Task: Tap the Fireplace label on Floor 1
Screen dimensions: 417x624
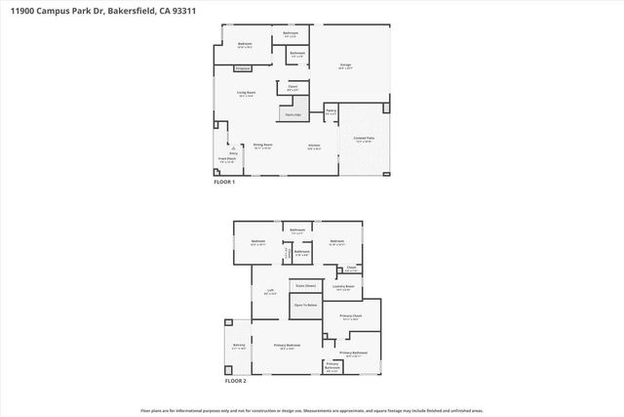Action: point(242,68)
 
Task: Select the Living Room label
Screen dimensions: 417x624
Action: point(245,94)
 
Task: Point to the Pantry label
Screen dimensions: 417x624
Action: point(331,112)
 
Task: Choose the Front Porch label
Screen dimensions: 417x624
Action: point(226,161)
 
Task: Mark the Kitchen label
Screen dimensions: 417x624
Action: point(315,146)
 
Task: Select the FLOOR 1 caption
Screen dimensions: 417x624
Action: point(225,182)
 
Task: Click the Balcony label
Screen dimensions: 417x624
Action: point(239,346)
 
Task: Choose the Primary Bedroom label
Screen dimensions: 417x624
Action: point(287,347)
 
